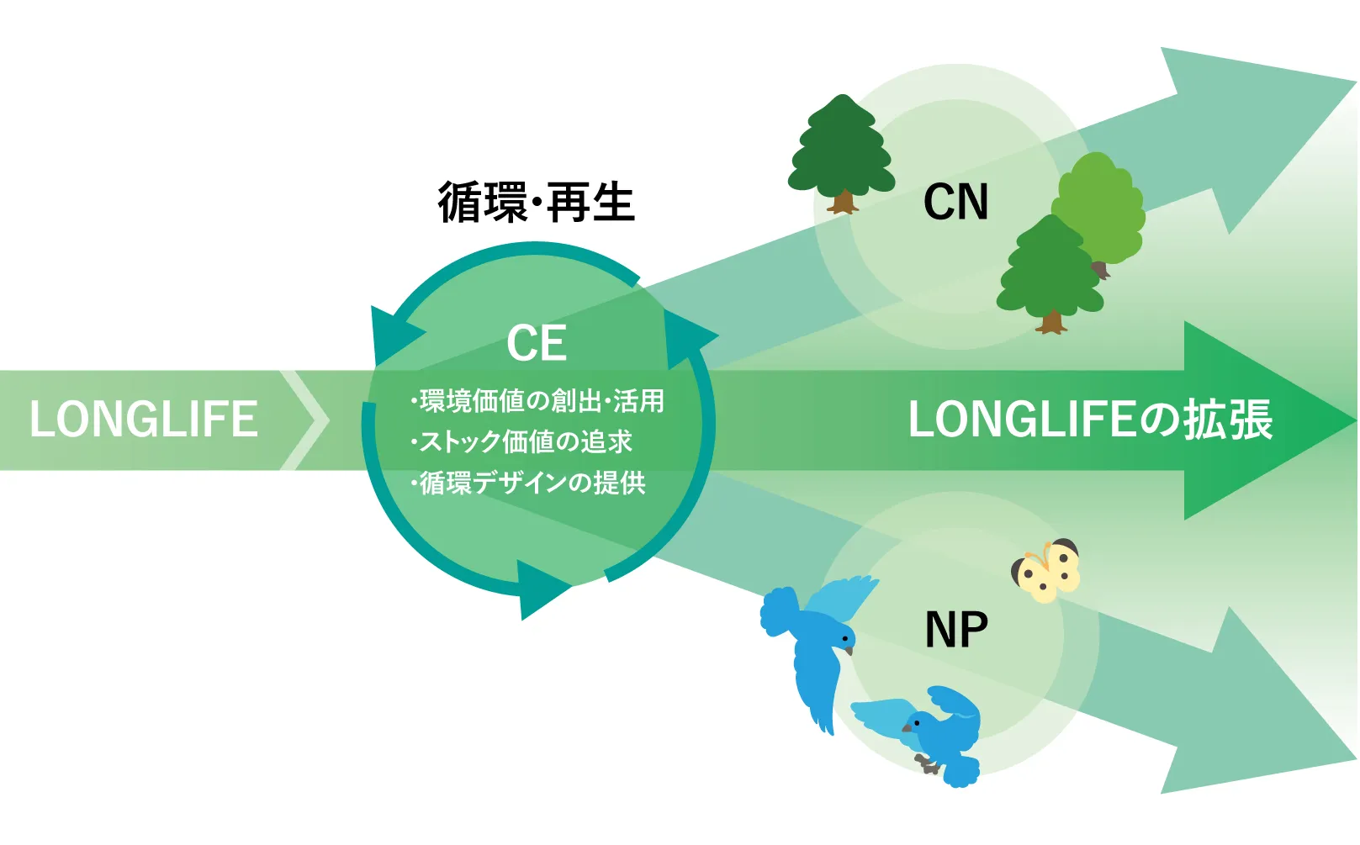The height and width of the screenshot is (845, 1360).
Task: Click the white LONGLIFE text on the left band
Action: (x=143, y=419)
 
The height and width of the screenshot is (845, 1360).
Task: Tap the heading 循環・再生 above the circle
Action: (x=536, y=203)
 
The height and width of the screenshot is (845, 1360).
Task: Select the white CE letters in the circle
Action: (x=537, y=343)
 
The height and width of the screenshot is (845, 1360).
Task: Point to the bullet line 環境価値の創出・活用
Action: (x=538, y=401)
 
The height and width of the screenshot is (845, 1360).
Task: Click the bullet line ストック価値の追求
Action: (x=521, y=441)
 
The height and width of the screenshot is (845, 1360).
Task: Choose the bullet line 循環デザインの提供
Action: (x=528, y=483)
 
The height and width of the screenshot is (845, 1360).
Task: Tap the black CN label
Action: (x=955, y=202)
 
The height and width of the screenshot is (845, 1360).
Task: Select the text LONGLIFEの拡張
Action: (x=1090, y=419)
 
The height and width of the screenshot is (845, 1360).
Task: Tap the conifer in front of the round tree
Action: (x=1050, y=273)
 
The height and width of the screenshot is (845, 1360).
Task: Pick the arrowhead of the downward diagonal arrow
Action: (x=1245, y=715)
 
